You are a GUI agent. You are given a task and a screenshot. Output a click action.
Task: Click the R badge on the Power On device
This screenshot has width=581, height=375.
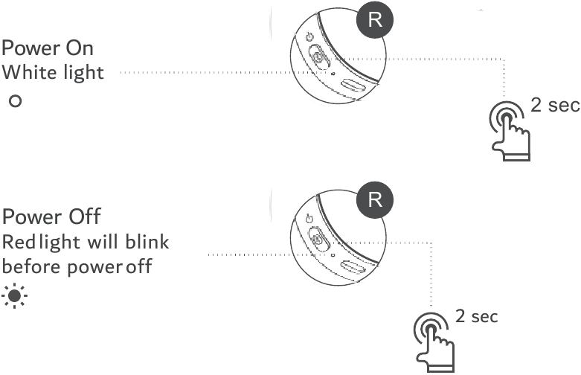375,20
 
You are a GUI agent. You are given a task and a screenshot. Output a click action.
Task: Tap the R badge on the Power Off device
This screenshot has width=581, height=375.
375,200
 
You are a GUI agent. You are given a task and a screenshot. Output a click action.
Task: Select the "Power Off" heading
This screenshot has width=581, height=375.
51,218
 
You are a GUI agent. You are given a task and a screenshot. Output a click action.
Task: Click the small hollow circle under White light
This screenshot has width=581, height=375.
13,100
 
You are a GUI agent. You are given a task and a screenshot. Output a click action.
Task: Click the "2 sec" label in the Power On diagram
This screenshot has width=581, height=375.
554,105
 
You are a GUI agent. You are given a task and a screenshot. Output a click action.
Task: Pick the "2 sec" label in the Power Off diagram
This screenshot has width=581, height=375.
476,316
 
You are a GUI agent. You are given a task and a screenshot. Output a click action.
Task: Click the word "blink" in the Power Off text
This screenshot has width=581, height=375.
147,243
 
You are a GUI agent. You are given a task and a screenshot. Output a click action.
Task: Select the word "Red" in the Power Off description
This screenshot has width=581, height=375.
18,243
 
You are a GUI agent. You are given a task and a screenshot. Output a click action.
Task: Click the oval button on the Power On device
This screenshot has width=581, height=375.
318,58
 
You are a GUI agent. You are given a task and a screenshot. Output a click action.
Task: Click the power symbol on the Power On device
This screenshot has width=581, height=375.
309,37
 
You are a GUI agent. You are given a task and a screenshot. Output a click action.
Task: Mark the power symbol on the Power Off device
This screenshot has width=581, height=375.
309,219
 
